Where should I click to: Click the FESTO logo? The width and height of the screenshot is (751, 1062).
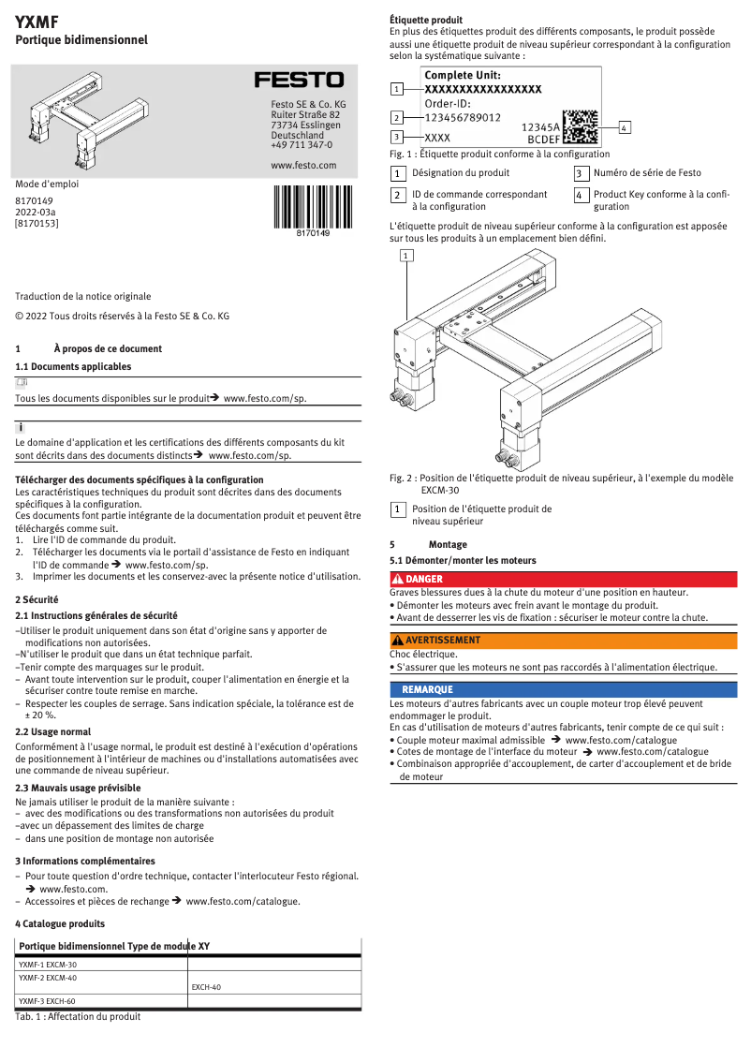point(300,81)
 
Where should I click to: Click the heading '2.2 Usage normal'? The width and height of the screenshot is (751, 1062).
point(53,731)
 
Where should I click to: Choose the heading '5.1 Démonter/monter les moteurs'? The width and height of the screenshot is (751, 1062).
point(463,560)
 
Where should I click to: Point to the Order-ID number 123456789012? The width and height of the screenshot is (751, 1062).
point(463,118)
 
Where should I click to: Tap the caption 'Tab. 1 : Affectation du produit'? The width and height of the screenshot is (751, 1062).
point(78,1016)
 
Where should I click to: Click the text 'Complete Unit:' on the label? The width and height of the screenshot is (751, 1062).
point(462,75)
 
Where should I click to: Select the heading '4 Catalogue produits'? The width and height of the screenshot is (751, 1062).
point(60,923)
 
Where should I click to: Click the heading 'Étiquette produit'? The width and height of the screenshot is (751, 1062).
point(426,20)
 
